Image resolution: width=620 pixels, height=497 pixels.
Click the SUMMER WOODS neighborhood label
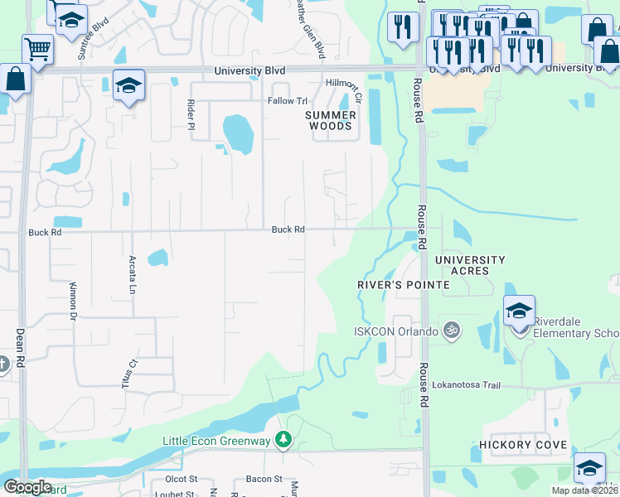coord(331,120)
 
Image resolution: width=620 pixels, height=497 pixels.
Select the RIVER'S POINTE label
coord(403,285)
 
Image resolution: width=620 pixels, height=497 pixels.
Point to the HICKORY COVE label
coord(523,445)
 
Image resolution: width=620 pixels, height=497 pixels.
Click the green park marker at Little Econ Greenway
coord(283,439)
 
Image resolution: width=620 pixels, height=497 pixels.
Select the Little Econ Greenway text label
coord(216,441)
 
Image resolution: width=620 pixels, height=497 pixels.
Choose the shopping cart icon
coord(37,49)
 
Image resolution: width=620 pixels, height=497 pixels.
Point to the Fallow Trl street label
coord(287,101)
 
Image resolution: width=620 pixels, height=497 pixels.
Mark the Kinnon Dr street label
coord(73,300)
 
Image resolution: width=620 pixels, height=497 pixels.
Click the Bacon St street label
coord(264,480)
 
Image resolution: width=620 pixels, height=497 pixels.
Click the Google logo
coord(28,487)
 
